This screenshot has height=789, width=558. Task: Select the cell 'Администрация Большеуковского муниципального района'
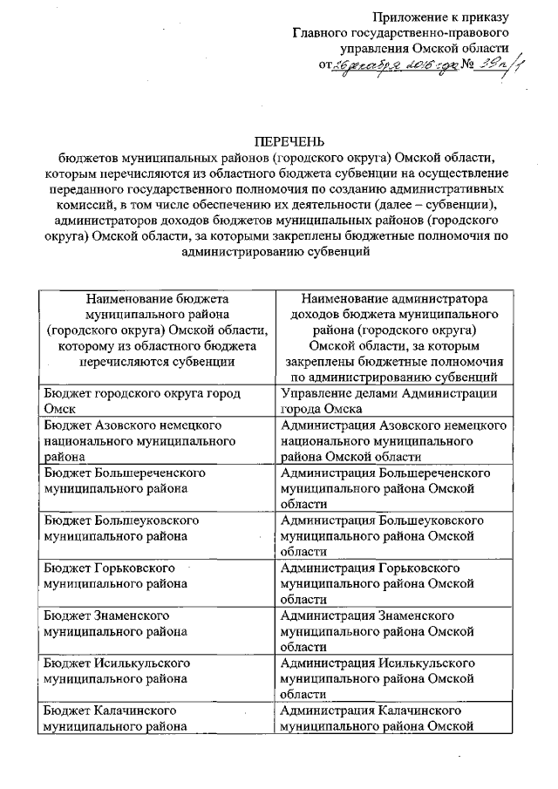click(x=395, y=534)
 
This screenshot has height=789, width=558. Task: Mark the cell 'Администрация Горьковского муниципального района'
click(x=395, y=582)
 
